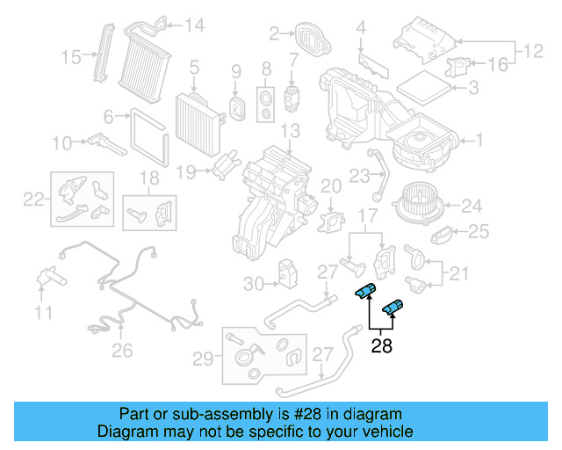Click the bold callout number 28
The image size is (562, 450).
tap(382, 346)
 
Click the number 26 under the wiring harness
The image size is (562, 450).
tap(122, 351)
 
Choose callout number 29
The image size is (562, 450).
tap(202, 358)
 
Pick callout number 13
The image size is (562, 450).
tap(291, 131)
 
